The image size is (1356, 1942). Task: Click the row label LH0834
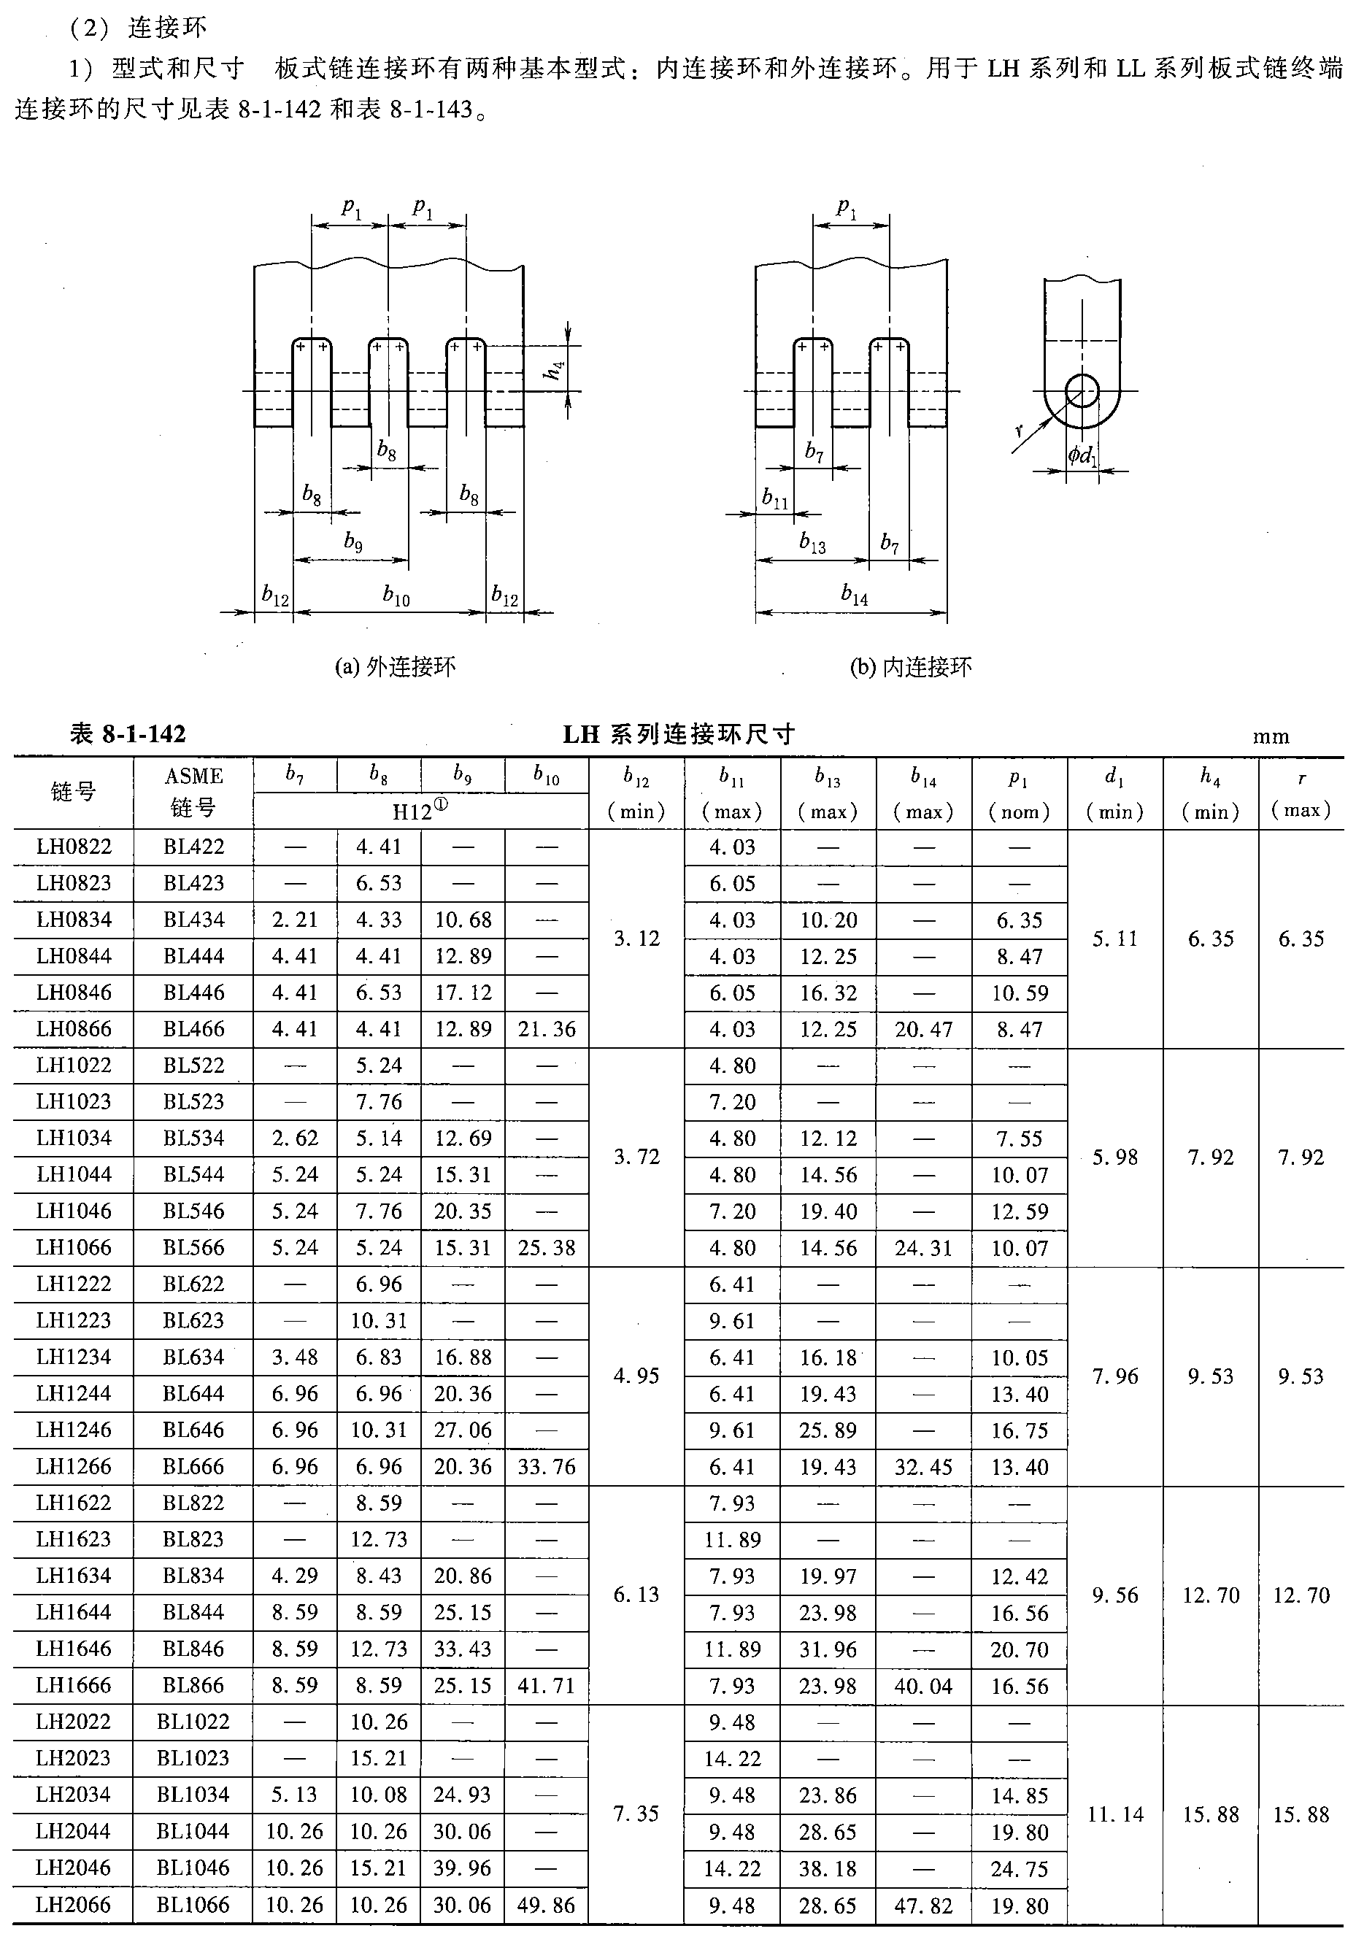(74, 920)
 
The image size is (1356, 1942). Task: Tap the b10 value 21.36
(547, 1028)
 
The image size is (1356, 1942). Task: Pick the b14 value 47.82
(923, 1905)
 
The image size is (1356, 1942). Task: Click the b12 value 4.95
(636, 1375)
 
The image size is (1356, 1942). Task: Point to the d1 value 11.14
(1115, 1814)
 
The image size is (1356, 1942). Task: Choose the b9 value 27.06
(463, 1430)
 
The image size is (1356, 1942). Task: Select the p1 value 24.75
(1020, 1868)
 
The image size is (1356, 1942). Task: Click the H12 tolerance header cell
(420, 811)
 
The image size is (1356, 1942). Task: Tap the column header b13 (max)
(828, 793)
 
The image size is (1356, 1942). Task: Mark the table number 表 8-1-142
(128, 733)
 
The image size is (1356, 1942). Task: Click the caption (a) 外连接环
(395, 667)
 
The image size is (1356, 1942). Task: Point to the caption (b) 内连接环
(910, 667)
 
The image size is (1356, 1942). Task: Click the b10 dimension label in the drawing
(396, 596)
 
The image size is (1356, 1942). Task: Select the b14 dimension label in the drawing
(855, 596)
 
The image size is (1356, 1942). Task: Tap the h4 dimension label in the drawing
(555, 369)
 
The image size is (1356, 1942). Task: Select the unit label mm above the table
(1271, 736)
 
